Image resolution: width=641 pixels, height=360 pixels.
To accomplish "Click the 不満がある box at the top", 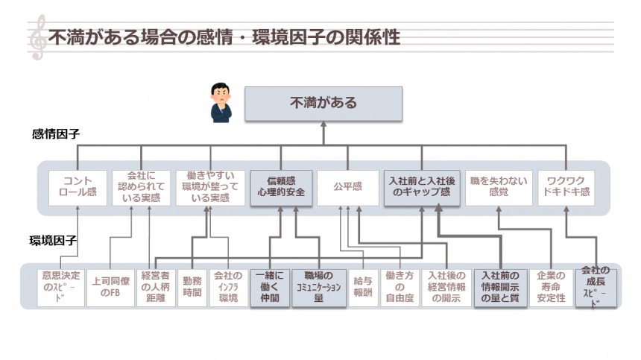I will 323,104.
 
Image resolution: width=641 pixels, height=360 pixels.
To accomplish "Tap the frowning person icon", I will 221,102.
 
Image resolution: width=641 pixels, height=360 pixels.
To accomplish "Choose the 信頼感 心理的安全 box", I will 280,187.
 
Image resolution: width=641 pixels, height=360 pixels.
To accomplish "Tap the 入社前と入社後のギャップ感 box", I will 421,187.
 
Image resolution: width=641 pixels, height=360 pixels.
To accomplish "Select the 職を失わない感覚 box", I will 499,187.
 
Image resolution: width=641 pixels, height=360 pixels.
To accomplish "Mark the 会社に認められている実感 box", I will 142,187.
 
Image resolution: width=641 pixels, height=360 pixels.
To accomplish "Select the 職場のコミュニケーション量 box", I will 319,287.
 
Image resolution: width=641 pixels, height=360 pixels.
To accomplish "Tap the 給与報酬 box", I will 362,287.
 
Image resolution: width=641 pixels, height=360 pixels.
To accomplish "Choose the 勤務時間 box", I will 191,287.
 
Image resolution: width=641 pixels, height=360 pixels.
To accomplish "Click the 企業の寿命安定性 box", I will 551,287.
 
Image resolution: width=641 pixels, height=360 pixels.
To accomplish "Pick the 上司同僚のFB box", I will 110,287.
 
